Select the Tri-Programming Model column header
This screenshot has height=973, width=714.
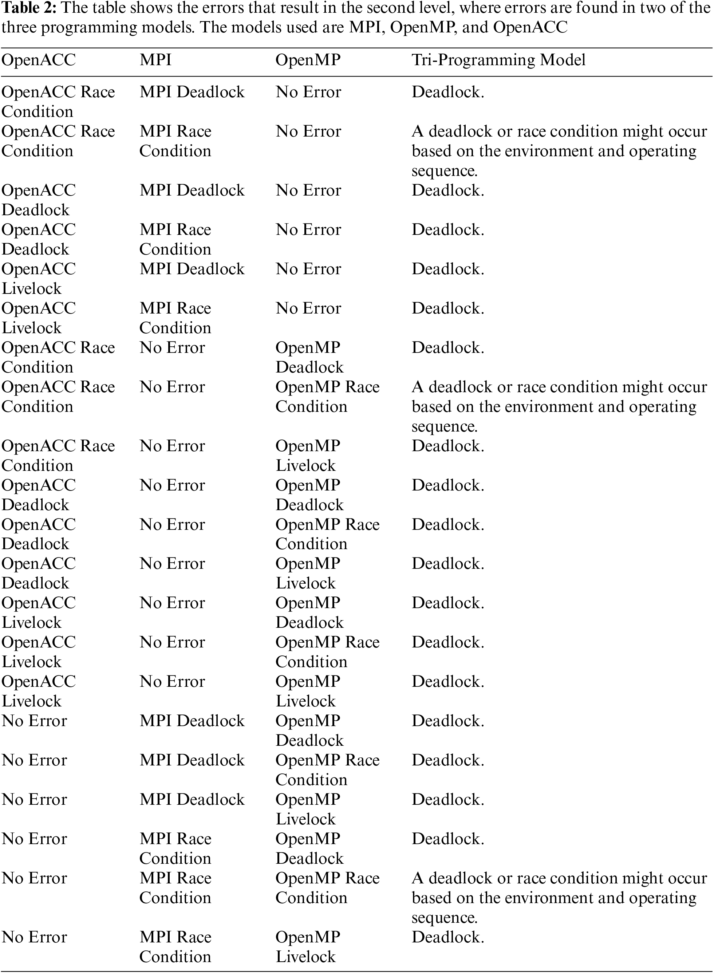pyautogui.click(x=498, y=60)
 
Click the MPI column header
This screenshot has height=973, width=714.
pyautogui.click(x=155, y=60)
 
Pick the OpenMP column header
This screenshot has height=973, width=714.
pyautogui.click(x=308, y=60)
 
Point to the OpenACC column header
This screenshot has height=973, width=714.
pyautogui.click(x=39, y=60)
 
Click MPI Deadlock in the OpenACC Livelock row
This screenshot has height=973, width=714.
pyautogui.click(x=192, y=269)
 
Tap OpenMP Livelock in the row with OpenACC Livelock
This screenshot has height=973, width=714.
pyautogui.click(x=308, y=691)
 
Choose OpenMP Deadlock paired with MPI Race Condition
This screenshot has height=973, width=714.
pyautogui.click(x=309, y=848)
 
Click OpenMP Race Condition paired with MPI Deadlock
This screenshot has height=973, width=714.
pyautogui.click(x=327, y=769)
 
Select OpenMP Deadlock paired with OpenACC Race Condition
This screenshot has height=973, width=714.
pyautogui.click(x=309, y=357)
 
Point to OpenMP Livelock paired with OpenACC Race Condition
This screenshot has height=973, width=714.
pyautogui.click(x=308, y=455)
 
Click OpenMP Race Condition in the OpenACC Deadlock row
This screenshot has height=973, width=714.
pyautogui.click(x=327, y=534)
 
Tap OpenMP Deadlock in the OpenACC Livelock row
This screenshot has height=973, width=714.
pyautogui.click(x=309, y=612)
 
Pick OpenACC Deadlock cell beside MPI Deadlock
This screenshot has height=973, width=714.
pyautogui.click(x=39, y=200)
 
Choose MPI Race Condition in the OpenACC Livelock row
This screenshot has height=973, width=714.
pyautogui.click(x=175, y=318)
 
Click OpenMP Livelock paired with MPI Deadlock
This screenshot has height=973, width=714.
pyautogui.click(x=308, y=809)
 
